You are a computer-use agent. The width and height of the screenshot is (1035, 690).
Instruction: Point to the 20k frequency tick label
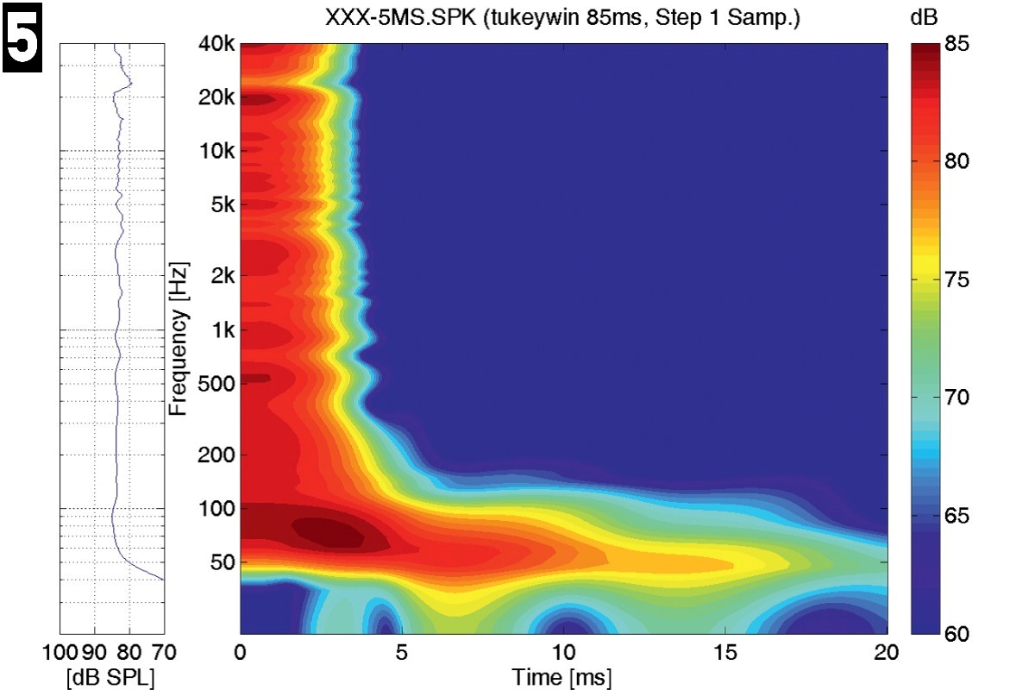point(216,98)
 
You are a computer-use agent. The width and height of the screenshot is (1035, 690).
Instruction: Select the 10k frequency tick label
point(216,152)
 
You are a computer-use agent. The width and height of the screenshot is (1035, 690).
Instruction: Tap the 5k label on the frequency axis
point(221,205)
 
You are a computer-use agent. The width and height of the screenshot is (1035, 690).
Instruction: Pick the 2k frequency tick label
point(221,276)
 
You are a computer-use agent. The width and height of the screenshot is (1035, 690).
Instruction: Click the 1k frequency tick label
point(221,330)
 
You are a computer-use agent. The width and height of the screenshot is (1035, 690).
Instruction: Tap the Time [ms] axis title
point(562,678)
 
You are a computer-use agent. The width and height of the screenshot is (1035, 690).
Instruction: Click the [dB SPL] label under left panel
point(110,678)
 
